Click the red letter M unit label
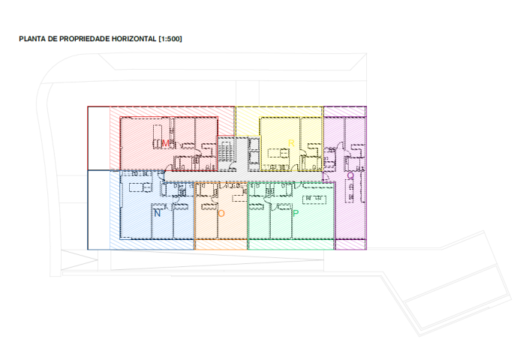166,142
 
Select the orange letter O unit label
221,214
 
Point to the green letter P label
296,214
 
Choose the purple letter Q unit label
350,175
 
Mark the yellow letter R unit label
291,142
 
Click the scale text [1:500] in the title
170,38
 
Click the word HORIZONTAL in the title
132,38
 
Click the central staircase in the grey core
227,151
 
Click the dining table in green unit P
314,199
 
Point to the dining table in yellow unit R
278,154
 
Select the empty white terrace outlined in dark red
98,138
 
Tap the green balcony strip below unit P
290,244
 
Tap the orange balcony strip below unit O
221,244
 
